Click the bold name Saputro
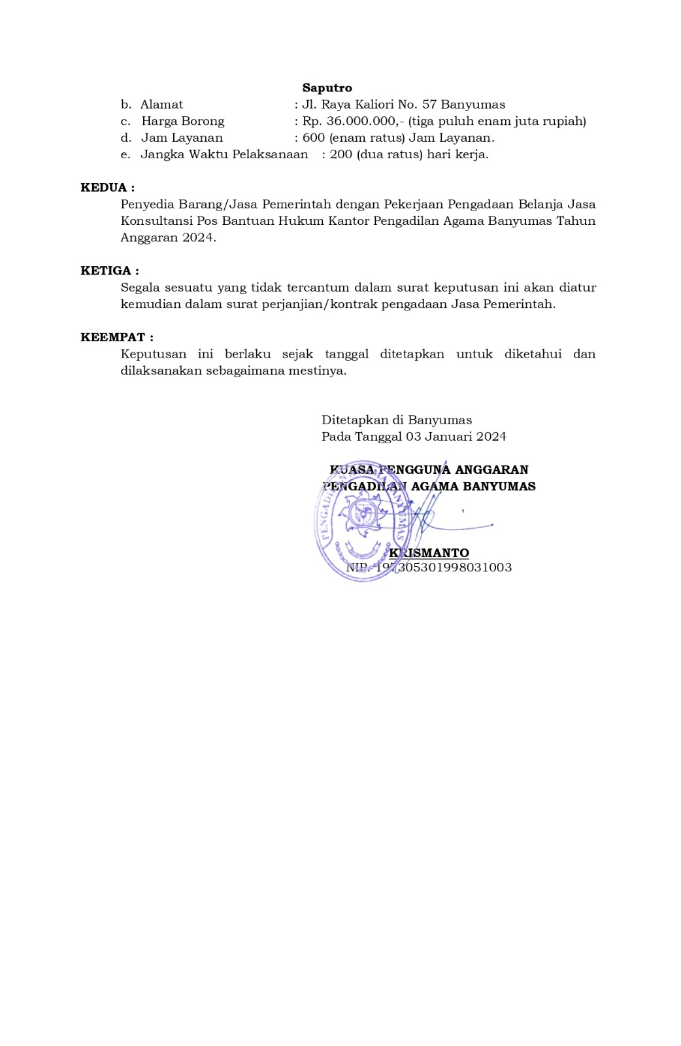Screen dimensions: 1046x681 pyautogui.click(x=327, y=88)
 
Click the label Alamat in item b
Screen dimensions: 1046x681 pyautogui.click(x=161, y=105)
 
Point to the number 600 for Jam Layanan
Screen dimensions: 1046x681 pyautogui.click(x=313, y=138)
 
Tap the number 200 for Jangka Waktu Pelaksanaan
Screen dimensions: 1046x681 pyautogui.click(x=340, y=154)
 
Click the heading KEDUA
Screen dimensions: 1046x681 pyautogui.click(x=107, y=188)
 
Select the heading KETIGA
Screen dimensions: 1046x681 pyautogui.click(x=109, y=271)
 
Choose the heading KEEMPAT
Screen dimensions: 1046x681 pyautogui.click(x=116, y=337)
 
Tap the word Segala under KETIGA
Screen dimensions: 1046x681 pyautogui.click(x=141, y=287)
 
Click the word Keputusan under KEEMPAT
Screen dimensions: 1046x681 pyautogui.click(x=154, y=354)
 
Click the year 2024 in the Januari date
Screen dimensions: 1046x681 pyautogui.click(x=491, y=436)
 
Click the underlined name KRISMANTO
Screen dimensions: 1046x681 pyautogui.click(x=429, y=553)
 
